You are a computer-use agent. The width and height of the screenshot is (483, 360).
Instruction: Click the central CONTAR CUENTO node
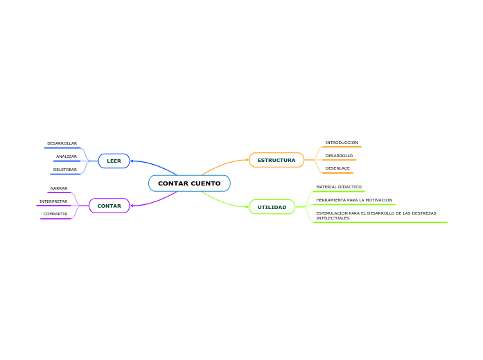pos(189,183)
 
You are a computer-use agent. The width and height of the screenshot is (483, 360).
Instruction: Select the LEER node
pos(114,161)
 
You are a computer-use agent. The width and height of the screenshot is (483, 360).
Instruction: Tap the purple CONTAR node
pos(109,206)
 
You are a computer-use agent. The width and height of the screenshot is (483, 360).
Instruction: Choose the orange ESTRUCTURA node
pos(276,160)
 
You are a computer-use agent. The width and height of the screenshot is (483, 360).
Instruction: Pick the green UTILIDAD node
pos(272,207)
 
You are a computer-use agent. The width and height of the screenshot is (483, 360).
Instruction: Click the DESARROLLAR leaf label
pos(62,143)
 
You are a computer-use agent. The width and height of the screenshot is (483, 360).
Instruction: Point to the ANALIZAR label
pos(67,156)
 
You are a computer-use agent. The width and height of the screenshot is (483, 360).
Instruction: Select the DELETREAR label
pos(65,170)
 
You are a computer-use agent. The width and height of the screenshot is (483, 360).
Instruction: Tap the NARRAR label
pos(59,188)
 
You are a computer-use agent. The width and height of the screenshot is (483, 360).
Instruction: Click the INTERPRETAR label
pos(53,201)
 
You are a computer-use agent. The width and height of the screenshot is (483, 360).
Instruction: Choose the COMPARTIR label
pos(55,214)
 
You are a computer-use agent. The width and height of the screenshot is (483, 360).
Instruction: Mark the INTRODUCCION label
pos(342,143)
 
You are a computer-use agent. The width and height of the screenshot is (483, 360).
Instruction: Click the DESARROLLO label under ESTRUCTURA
pos(339,156)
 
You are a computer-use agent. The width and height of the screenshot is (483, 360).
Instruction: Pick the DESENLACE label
pos(337,168)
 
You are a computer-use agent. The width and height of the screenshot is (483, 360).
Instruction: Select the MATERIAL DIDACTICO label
pos(339,187)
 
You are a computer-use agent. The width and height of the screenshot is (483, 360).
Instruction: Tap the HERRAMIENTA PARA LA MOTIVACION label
pos(354,200)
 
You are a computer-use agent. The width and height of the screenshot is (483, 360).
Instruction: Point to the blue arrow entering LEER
pos(133,161)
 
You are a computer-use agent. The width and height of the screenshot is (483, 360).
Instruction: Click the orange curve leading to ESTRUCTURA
pos(222,164)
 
